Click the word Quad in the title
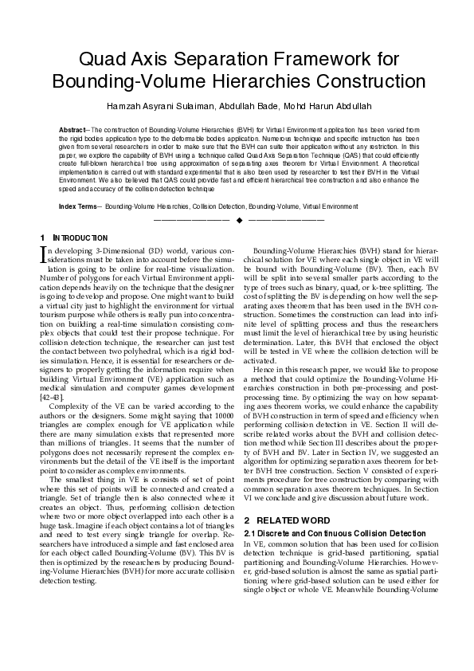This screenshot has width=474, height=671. (x=108, y=59)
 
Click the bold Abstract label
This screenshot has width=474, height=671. (x=75, y=128)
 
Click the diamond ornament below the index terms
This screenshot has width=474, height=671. (x=238, y=219)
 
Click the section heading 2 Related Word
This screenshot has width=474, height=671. (x=278, y=520)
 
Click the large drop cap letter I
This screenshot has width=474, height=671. (x=44, y=254)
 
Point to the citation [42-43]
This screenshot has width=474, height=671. (x=52, y=397)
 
